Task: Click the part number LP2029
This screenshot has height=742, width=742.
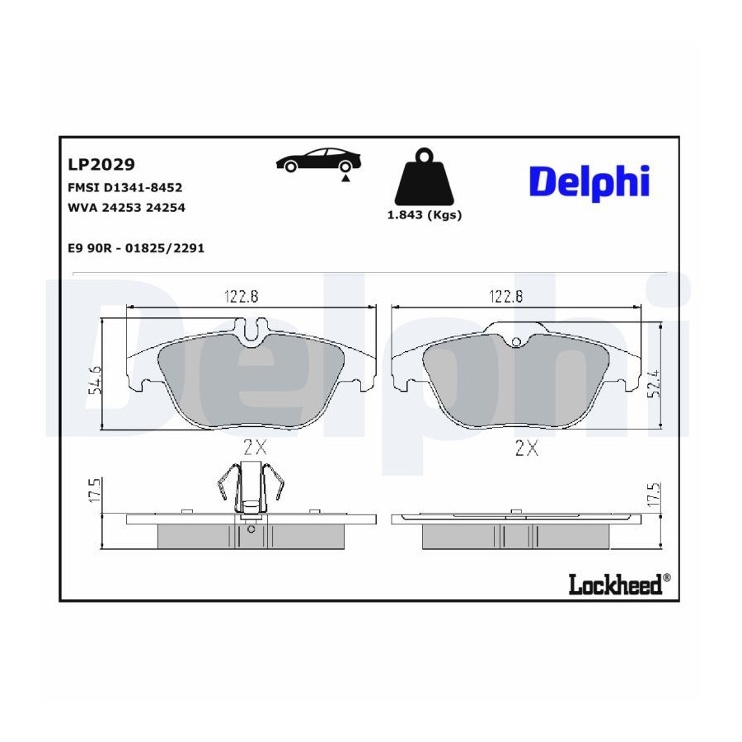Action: [x=101, y=164]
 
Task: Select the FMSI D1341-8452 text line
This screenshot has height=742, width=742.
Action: [x=125, y=187]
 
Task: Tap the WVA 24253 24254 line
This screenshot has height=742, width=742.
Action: [x=126, y=207]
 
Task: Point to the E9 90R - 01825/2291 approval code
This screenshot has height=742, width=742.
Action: [x=136, y=248]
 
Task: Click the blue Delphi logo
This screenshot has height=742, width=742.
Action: [x=589, y=183]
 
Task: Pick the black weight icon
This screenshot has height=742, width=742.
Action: [x=424, y=176]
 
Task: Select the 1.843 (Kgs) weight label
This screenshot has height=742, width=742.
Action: [x=425, y=215]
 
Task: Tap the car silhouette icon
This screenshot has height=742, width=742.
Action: [x=318, y=160]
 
